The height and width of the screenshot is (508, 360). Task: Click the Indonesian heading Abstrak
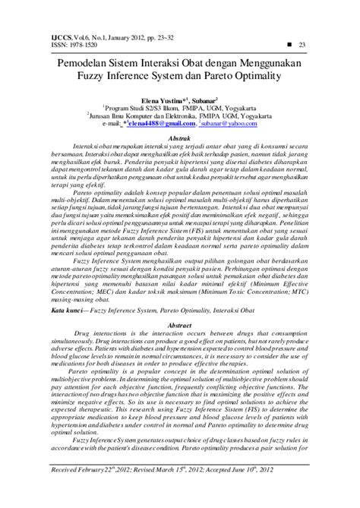(179, 134)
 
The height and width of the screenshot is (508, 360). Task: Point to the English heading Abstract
(179, 323)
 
